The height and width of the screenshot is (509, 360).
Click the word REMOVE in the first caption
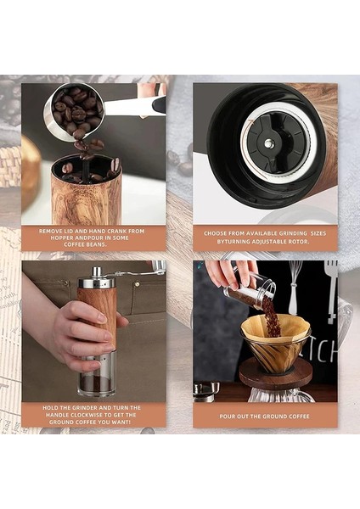(x=50, y=232)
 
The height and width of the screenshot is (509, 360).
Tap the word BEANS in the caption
(x=97, y=244)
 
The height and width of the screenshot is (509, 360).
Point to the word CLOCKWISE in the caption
(x=93, y=415)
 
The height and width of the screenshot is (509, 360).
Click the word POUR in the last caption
(x=227, y=417)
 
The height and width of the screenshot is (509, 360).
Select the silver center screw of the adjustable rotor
(x=267, y=143)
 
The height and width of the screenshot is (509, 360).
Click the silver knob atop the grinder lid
(x=97, y=271)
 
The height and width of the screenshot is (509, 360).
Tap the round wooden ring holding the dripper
(x=276, y=372)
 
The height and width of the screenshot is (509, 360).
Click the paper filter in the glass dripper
(x=274, y=327)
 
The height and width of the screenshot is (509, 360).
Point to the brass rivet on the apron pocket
(x=137, y=284)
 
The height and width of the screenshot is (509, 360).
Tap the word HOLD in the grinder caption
(x=50, y=408)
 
